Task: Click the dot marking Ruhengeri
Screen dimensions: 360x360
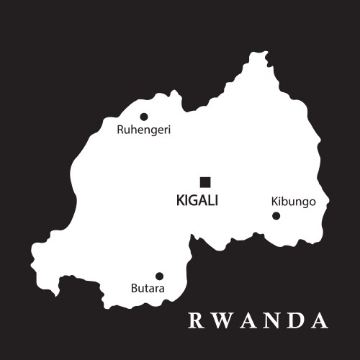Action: pos(144,117)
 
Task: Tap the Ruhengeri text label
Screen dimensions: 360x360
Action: pos(143,131)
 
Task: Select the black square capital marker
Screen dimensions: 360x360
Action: pos(205,181)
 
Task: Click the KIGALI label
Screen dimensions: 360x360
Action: pos(197,201)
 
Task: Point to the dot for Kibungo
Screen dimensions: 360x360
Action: pos(276,215)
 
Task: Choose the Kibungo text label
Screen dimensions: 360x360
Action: pos(293,201)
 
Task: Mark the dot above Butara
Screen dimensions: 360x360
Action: pos(159,276)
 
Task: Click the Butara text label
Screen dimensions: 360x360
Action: pos(148,289)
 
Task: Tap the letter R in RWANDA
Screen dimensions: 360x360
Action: pos(194,320)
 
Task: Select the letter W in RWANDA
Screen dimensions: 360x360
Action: pos(219,320)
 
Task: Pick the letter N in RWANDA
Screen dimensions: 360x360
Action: pos(271,320)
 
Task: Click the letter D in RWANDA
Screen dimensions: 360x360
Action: pos(295,320)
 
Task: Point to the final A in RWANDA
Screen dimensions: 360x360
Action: pos(320,320)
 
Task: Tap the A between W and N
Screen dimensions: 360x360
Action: pos(246,320)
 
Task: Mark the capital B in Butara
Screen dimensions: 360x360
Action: pos(134,289)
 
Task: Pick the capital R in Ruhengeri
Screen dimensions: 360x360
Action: pos(120,131)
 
